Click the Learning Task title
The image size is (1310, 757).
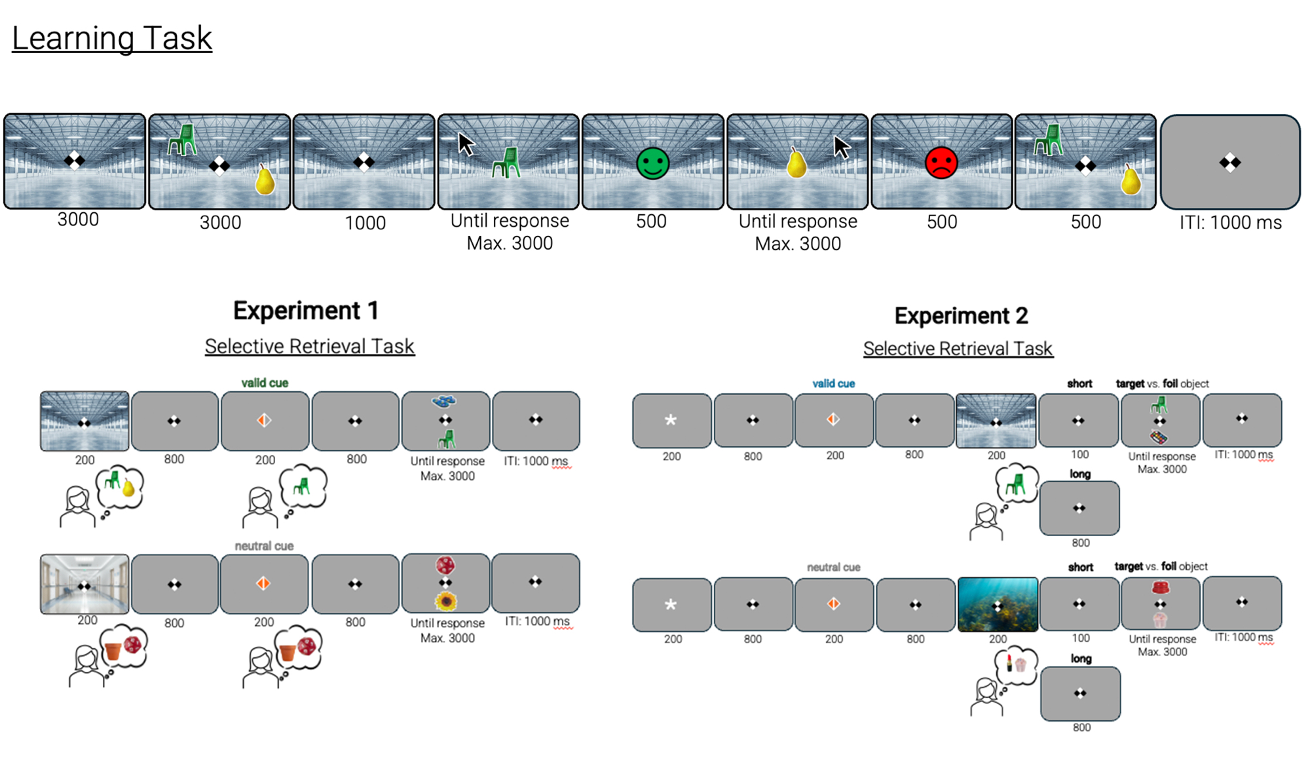pos(112,38)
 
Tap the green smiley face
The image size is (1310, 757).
pos(652,163)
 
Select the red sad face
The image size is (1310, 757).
pos(941,163)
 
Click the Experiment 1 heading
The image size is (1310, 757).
pos(306,311)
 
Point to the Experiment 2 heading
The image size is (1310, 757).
pos(961,316)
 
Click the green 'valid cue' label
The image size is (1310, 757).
pos(265,383)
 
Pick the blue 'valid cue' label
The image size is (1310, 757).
pos(833,383)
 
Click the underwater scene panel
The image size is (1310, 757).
pos(998,604)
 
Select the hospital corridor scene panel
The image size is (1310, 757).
pos(84,584)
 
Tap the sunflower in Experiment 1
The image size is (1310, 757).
pos(446,600)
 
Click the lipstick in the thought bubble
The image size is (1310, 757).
pos(1009,663)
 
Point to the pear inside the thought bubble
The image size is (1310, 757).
pos(128,488)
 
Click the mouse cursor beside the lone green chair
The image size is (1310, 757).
pos(466,144)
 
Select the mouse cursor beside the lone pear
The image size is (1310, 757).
pos(842,147)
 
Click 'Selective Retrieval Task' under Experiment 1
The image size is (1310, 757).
pos(309,346)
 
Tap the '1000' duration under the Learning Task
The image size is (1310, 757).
pos(365,223)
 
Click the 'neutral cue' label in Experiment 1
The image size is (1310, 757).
pos(264,546)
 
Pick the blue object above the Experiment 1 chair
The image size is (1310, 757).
pos(445,400)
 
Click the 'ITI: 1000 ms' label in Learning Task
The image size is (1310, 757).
pos(1230,223)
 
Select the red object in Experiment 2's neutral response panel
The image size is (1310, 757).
pos(1160,587)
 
